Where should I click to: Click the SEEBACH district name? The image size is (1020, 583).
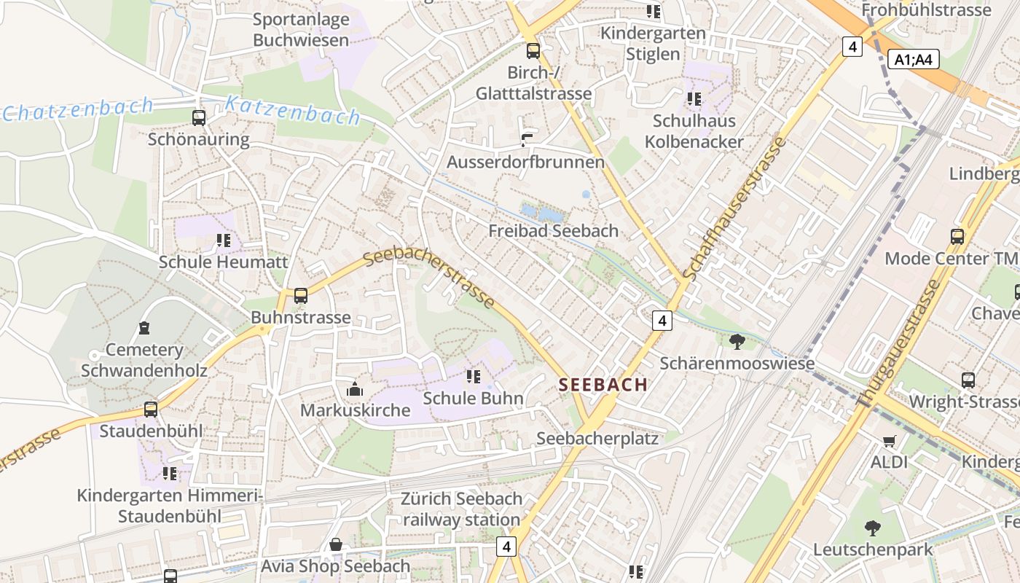(x=603, y=385)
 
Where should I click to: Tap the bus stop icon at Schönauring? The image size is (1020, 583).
(x=198, y=117)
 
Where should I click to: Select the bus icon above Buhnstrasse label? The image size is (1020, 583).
(x=300, y=296)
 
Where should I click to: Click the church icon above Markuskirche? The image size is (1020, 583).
(x=355, y=389)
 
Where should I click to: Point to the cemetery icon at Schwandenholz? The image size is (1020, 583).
(x=144, y=329)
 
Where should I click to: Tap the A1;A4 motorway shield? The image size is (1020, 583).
(x=914, y=60)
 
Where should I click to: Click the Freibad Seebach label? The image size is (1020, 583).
(x=553, y=231)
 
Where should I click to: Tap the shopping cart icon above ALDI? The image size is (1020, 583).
(x=889, y=441)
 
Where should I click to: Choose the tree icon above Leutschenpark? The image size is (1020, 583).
(x=872, y=528)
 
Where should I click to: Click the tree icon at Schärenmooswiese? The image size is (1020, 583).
(x=737, y=341)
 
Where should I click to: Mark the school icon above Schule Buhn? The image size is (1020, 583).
(x=474, y=377)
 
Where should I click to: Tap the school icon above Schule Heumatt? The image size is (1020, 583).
(x=223, y=240)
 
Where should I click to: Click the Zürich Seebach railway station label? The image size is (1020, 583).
(x=461, y=509)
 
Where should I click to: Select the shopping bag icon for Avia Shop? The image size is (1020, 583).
(x=336, y=544)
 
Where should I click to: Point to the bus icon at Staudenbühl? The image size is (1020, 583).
(x=151, y=410)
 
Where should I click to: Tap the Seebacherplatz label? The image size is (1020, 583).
(x=597, y=439)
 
